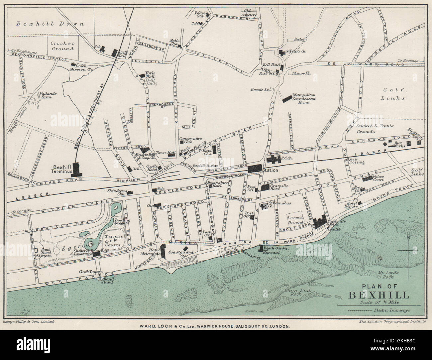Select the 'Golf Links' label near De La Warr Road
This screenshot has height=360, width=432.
coord(393,94)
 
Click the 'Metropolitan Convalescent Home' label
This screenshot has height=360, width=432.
coord(303,99)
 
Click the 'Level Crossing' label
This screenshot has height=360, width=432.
coord(357,161)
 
